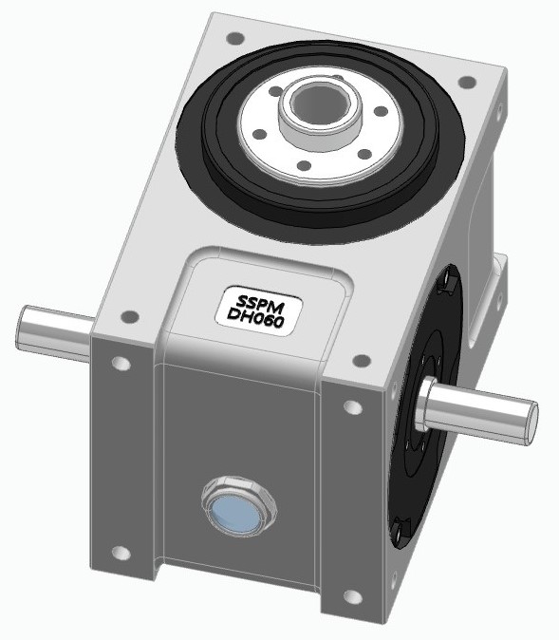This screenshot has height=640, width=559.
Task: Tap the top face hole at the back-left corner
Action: [x=232, y=40]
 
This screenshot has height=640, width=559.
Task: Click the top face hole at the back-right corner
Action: [x=465, y=84]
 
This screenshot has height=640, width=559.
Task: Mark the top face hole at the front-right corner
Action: [x=362, y=360]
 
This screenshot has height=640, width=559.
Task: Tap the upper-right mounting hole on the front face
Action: [x=352, y=407]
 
